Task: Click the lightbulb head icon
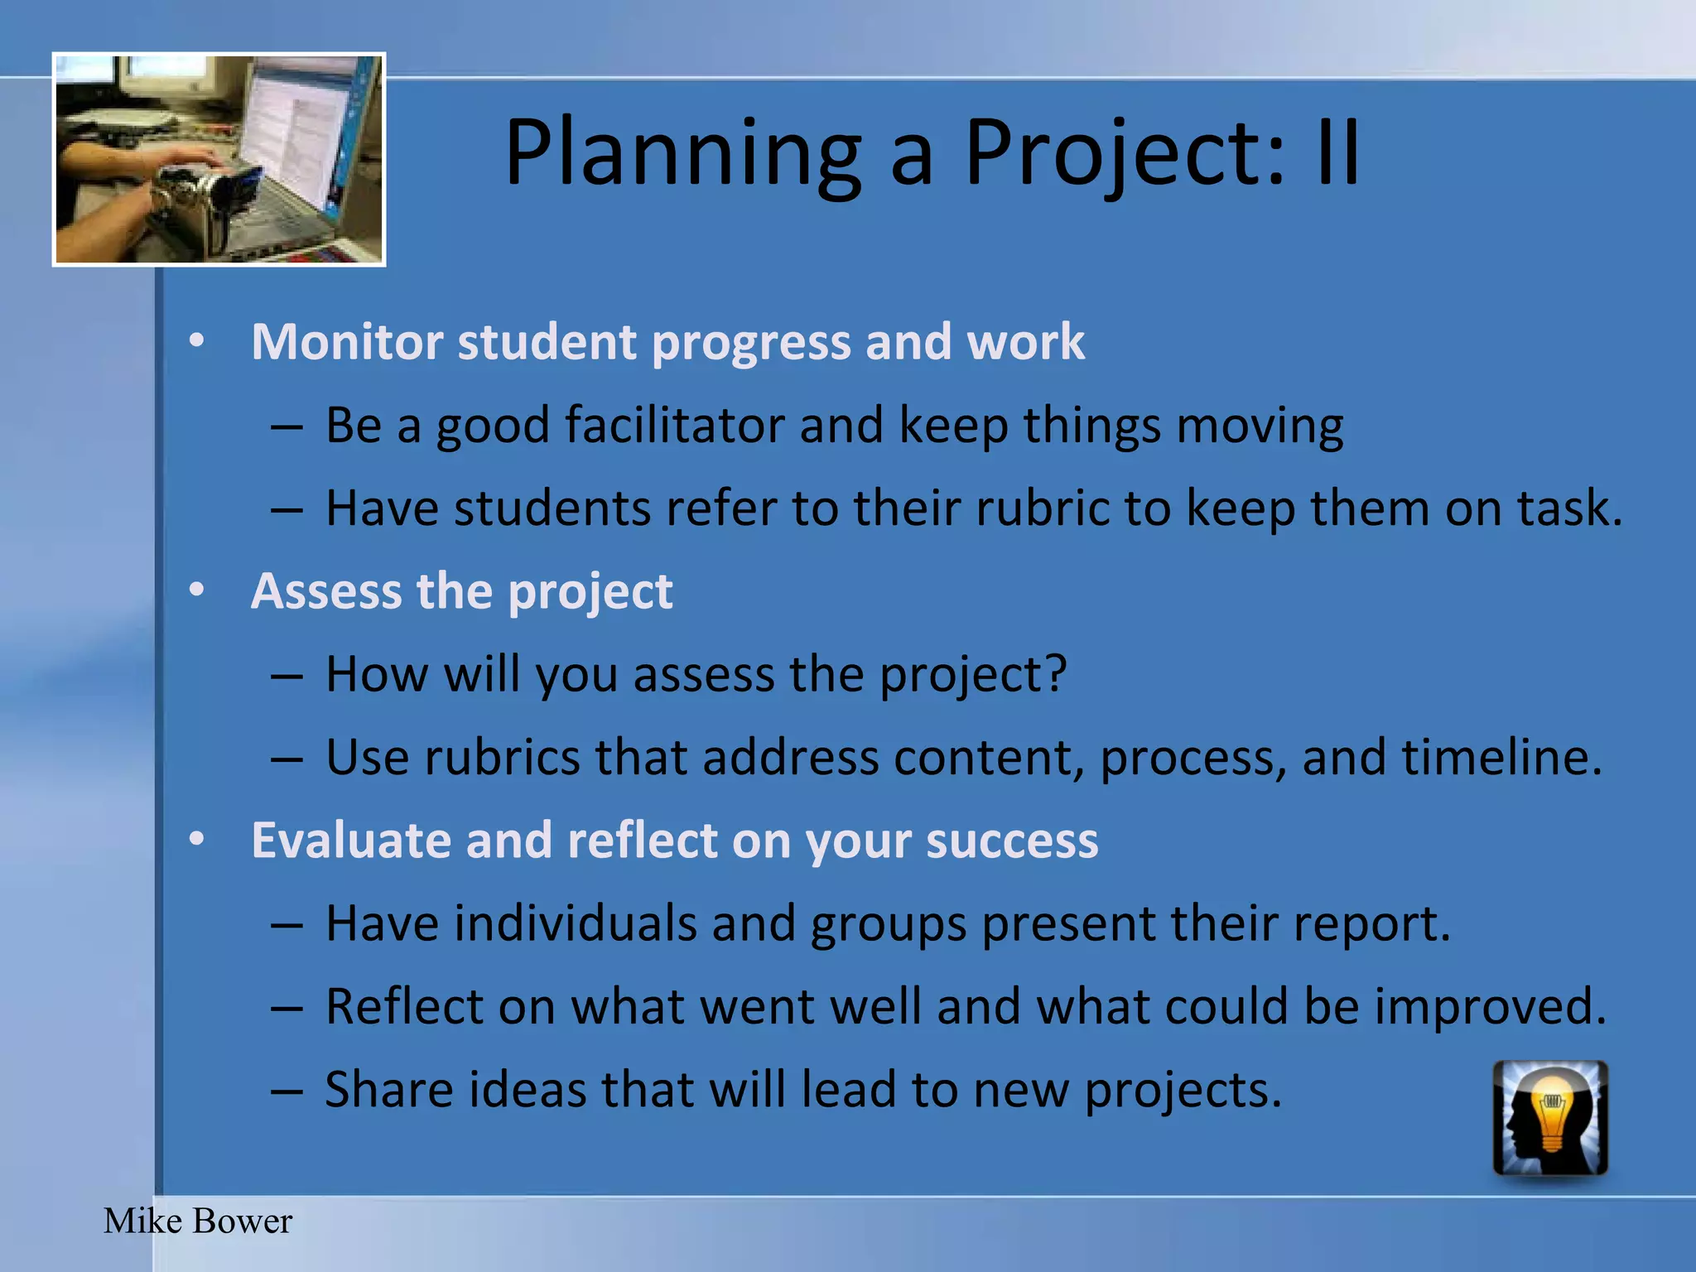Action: tap(1550, 1118)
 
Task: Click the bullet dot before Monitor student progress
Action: tap(196, 340)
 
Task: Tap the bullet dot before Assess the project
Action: tap(196, 590)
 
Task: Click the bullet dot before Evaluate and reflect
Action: tap(196, 839)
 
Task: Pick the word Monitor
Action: tap(347, 342)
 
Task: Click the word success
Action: tap(1012, 841)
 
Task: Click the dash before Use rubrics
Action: tap(287, 759)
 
